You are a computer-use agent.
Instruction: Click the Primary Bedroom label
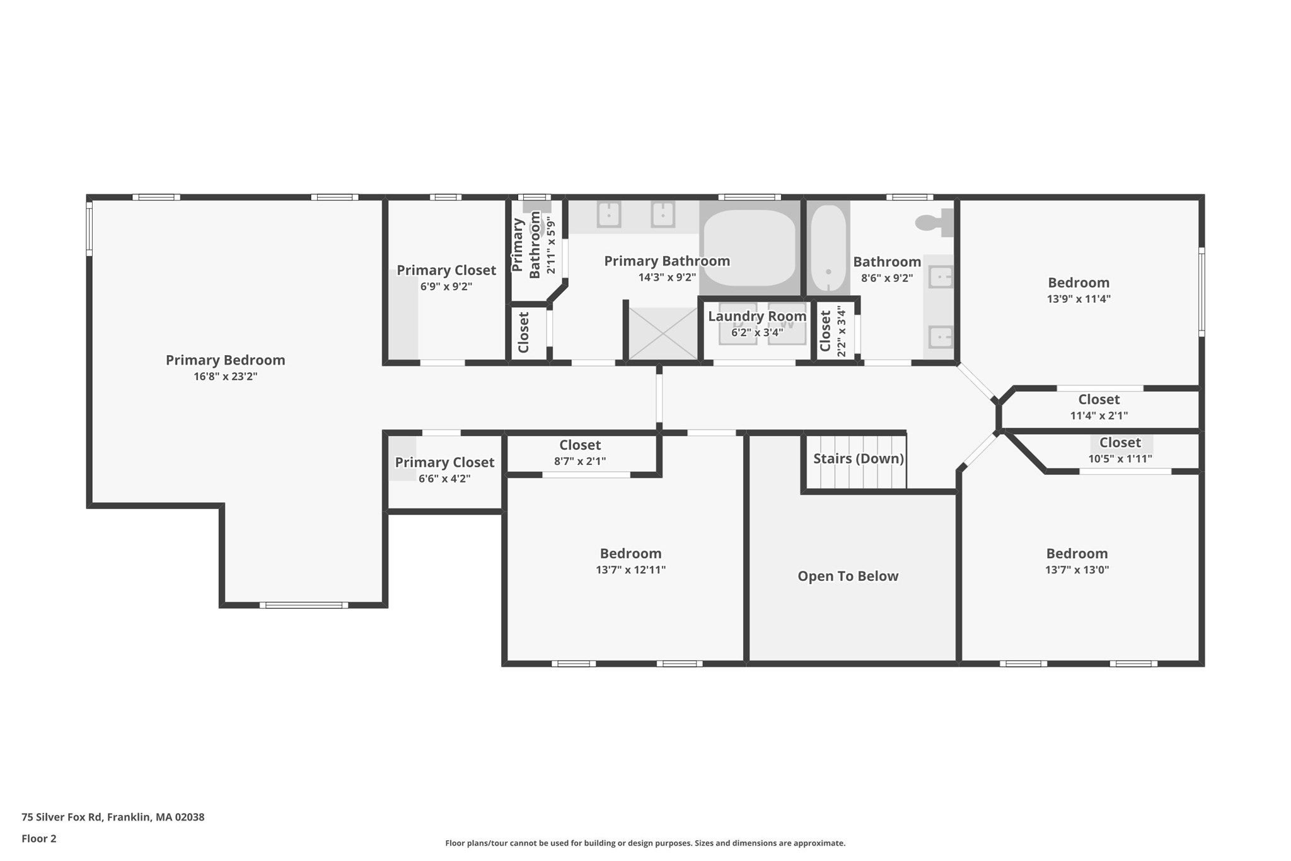[x=225, y=360]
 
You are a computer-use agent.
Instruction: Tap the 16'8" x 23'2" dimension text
[x=225, y=377]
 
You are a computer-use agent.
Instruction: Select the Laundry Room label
[x=757, y=316]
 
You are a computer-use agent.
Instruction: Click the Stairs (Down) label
[x=859, y=459]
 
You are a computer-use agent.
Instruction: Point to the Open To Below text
[x=848, y=576]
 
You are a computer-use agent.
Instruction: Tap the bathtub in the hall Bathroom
[x=828, y=248]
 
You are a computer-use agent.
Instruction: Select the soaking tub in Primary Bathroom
[x=749, y=248]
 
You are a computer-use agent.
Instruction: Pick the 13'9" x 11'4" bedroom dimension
[x=1079, y=299]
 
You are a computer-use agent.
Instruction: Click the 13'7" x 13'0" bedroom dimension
[x=1077, y=570]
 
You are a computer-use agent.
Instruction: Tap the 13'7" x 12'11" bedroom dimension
[x=630, y=570]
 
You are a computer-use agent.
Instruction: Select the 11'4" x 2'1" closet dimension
[x=1099, y=416]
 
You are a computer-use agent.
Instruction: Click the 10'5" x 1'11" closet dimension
[x=1120, y=459]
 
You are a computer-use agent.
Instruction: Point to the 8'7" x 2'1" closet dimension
[x=580, y=461]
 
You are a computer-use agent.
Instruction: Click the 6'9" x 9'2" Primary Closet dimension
[x=446, y=286]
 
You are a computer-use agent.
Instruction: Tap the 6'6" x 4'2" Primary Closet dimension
[x=444, y=479]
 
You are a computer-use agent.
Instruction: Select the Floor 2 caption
[x=39, y=838]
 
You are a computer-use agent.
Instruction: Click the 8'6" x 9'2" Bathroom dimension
[x=887, y=278]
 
